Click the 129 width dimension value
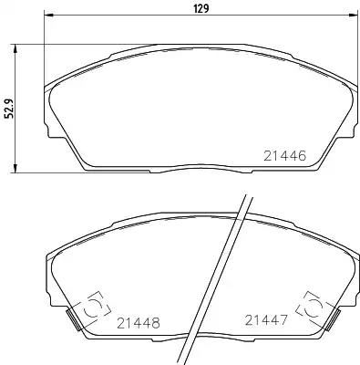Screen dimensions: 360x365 point(201,8)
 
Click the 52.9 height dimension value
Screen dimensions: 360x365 point(10,109)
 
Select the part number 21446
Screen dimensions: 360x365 point(285,156)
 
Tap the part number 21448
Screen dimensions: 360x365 point(139,323)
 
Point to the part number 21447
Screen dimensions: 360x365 point(266,320)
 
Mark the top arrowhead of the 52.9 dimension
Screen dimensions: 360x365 point(15,48)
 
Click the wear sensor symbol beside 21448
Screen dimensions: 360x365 point(94,308)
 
